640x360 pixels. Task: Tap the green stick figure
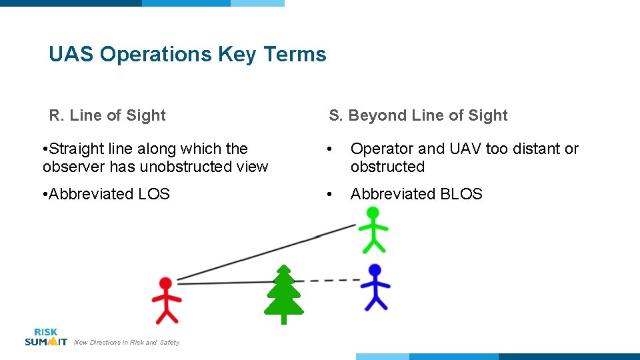[373, 230]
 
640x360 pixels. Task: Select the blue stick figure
[375, 287]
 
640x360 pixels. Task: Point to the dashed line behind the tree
[333, 281]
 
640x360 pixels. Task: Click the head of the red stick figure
[165, 285]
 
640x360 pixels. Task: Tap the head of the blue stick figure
[375, 271]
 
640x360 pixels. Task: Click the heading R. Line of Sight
[107, 115]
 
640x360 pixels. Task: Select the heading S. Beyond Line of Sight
[418, 115]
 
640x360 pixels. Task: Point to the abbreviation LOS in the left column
[153, 194]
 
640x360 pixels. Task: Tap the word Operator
[382, 149]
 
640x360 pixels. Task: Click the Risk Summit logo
[45, 337]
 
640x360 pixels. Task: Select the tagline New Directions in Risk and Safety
[126, 343]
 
